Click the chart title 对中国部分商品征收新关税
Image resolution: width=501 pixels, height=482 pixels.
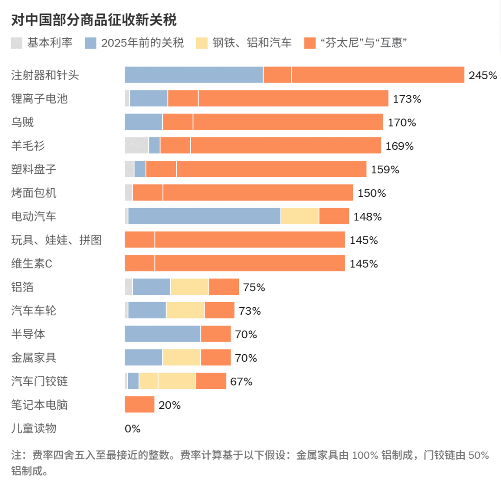[x=94, y=21]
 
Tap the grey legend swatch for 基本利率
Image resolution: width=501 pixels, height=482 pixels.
[x=17, y=43]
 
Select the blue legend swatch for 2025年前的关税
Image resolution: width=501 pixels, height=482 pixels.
[x=90, y=43]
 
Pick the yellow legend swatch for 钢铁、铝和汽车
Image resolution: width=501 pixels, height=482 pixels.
[x=202, y=43]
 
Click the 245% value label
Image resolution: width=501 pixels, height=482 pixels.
[x=482, y=76]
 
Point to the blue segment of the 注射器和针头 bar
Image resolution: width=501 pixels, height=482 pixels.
[x=194, y=75]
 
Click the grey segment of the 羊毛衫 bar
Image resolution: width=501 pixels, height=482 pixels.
[x=136, y=146]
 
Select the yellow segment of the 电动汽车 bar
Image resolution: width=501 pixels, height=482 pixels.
[x=300, y=216]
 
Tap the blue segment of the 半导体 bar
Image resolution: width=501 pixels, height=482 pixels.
[x=162, y=334]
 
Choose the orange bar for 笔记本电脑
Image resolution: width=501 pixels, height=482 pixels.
[x=139, y=405]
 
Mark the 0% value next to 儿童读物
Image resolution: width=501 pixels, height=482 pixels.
[x=133, y=429]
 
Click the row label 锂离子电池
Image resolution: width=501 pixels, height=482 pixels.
[x=39, y=98]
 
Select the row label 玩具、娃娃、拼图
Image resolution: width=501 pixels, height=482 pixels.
[x=57, y=240]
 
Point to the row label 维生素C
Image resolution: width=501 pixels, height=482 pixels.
[x=32, y=263]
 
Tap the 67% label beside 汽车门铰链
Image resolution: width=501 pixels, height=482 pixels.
[x=241, y=381]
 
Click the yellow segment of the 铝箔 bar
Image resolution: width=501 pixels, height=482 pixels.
[x=190, y=287]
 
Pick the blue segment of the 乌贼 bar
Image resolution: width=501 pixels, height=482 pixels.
[x=143, y=122]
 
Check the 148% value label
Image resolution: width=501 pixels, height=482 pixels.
[x=367, y=216]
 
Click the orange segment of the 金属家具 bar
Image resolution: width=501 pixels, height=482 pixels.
[x=216, y=357]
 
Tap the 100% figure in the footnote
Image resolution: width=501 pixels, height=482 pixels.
[x=365, y=455]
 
